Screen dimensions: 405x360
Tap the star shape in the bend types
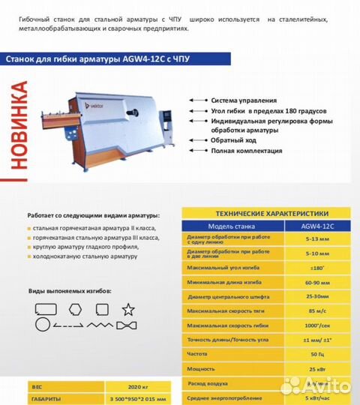pos(128,308)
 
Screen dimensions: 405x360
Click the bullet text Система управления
pos(244,100)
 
